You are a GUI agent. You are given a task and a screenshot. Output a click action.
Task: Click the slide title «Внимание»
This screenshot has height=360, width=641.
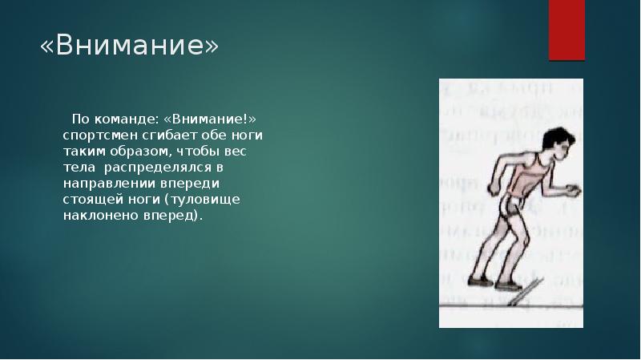pyautogui.click(x=129, y=47)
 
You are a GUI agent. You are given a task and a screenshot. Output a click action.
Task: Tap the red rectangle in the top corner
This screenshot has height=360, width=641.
pyautogui.click(x=566, y=29)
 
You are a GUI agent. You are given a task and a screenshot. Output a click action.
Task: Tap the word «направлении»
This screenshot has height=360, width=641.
pyautogui.click(x=101, y=184)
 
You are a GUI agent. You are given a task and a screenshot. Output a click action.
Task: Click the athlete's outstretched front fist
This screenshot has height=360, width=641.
pyautogui.click(x=571, y=190)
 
